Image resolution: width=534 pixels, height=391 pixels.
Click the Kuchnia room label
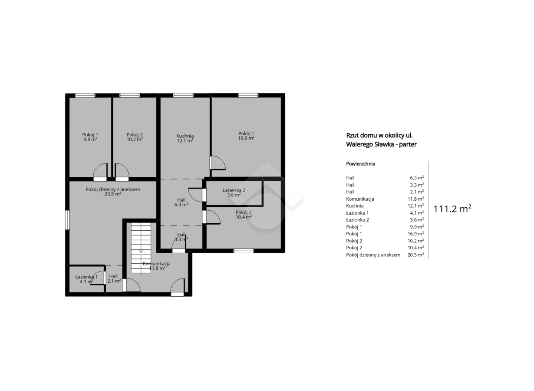185,136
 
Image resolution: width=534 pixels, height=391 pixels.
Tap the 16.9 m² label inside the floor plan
246,138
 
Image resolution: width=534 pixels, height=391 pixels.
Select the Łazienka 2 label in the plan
234,190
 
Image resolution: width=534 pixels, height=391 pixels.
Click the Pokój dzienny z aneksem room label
113,189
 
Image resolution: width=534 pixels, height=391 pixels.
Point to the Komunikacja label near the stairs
157,264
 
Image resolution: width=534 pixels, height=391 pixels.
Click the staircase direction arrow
141,252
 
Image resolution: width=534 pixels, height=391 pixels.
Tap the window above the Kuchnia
183,96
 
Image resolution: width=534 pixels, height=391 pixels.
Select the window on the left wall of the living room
67,220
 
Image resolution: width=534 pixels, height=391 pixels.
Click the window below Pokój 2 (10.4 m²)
244,251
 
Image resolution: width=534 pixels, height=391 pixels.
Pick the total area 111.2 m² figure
452,209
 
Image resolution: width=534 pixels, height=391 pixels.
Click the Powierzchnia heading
361,164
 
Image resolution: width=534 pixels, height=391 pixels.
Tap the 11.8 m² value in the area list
416,199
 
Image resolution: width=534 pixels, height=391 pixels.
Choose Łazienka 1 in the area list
358,213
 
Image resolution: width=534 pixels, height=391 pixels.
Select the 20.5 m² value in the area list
416,255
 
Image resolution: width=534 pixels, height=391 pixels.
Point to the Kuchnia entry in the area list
355,206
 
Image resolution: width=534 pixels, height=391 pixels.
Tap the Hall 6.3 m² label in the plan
181,202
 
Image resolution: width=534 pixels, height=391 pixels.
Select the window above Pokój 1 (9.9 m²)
85,96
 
